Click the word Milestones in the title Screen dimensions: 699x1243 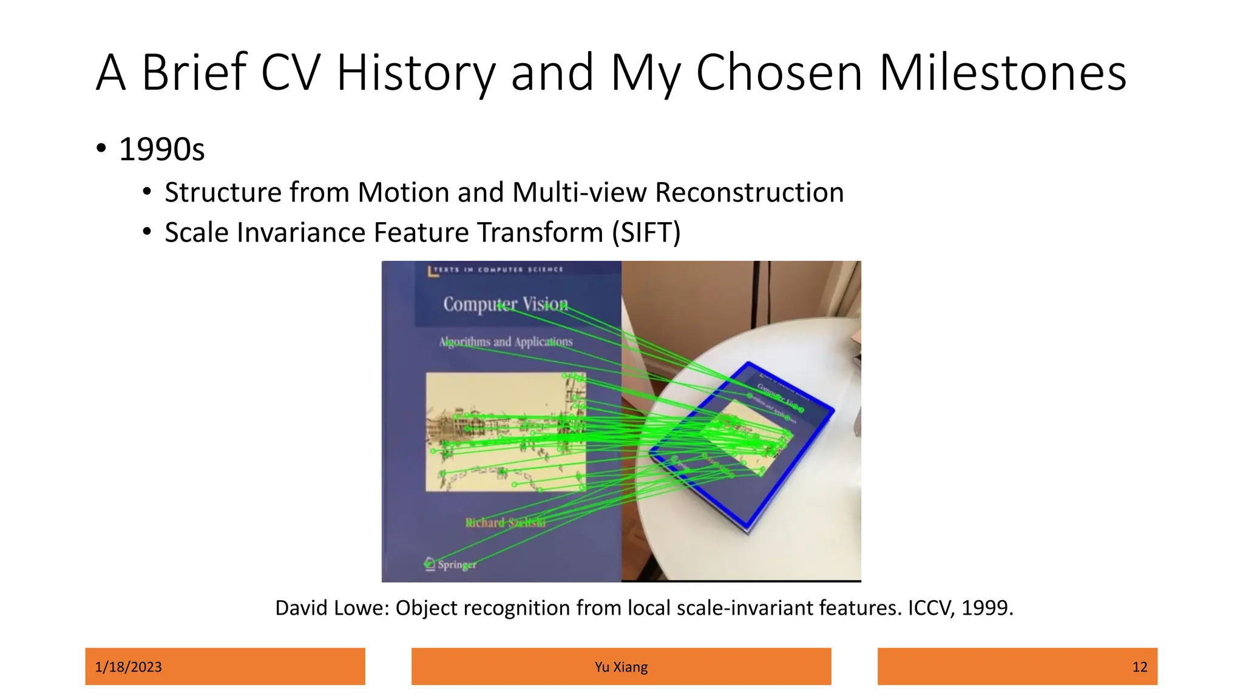(x=1002, y=73)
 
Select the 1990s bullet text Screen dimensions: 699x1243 (x=161, y=149)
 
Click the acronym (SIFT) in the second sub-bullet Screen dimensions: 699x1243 (x=646, y=232)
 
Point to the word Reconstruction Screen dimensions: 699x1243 (x=750, y=192)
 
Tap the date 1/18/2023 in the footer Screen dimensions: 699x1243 (x=129, y=667)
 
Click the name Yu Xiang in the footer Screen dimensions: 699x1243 (x=621, y=667)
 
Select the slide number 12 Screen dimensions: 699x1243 (x=1139, y=667)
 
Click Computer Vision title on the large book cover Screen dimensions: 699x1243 (x=506, y=304)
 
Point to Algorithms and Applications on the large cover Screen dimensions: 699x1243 (x=506, y=342)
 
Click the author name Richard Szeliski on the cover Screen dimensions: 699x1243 (x=505, y=522)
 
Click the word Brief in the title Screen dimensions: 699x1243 (x=194, y=73)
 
